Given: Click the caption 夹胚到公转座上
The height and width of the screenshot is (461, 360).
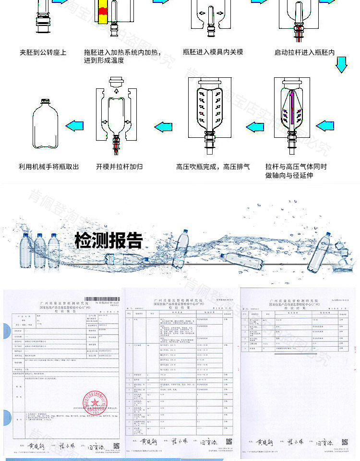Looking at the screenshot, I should click(x=43, y=52).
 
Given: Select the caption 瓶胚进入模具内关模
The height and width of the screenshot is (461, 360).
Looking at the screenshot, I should click(x=213, y=52).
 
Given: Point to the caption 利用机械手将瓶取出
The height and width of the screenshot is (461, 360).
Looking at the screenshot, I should click(x=48, y=167).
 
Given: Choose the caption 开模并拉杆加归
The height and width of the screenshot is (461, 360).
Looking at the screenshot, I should click(x=119, y=167).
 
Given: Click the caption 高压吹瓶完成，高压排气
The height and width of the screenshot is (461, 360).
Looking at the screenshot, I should click(x=213, y=167).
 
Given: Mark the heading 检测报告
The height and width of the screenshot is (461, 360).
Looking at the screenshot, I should click(x=108, y=240).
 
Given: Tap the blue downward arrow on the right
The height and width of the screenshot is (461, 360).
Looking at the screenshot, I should click(x=341, y=64).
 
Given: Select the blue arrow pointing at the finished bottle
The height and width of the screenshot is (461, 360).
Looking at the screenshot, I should click(x=74, y=127).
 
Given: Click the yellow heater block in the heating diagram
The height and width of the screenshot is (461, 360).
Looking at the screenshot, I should click(x=102, y=12).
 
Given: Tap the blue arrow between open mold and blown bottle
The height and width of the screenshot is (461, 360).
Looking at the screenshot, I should click(x=164, y=127).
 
